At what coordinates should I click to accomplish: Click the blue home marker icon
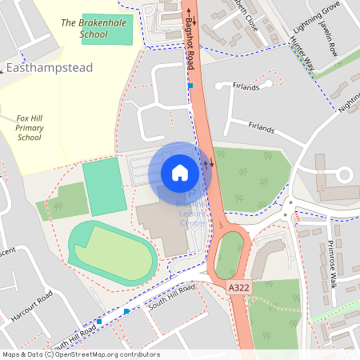point(180,173)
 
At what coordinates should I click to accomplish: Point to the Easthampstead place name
point(50,68)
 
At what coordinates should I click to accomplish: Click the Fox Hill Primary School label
point(30,127)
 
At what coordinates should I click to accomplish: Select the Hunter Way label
point(302,58)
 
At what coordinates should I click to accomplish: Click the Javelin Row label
point(329,39)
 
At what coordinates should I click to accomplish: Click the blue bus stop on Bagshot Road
point(190,85)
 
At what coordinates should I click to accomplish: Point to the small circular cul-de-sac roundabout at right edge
point(344,174)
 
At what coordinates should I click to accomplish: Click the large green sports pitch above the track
point(104,189)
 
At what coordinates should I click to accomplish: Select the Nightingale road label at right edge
point(350,100)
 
